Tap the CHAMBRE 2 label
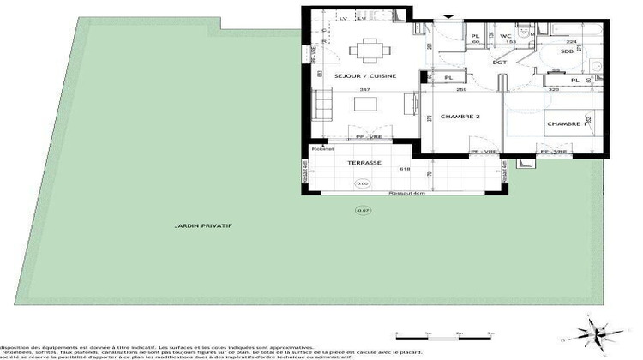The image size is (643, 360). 460,117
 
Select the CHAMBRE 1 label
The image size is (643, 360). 566,123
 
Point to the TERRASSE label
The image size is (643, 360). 364,162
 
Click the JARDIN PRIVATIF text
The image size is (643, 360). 203,225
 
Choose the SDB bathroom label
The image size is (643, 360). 567,51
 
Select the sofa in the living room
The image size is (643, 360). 324,105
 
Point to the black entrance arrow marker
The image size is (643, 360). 449,15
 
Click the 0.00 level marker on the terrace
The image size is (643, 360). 362,183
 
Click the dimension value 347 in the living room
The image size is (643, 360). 365,89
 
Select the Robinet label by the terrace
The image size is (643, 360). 322,149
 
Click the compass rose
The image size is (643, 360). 597,332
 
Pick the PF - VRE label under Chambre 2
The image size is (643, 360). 484,152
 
